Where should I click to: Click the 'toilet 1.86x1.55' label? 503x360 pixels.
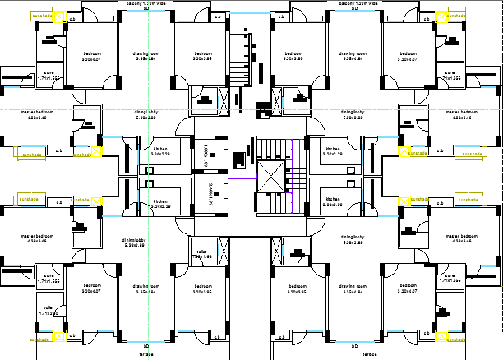click(201, 255)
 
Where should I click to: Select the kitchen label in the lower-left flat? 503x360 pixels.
click(159, 202)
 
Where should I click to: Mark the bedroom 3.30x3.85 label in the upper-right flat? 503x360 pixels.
click(292, 56)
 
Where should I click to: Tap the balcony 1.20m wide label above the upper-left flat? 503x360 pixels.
click(146, 4)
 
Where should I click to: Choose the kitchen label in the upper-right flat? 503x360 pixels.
click(332, 151)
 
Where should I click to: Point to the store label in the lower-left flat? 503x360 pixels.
click(48, 278)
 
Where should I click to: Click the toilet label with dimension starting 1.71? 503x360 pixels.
click(48, 311)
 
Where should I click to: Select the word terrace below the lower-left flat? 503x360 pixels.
click(146, 356)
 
